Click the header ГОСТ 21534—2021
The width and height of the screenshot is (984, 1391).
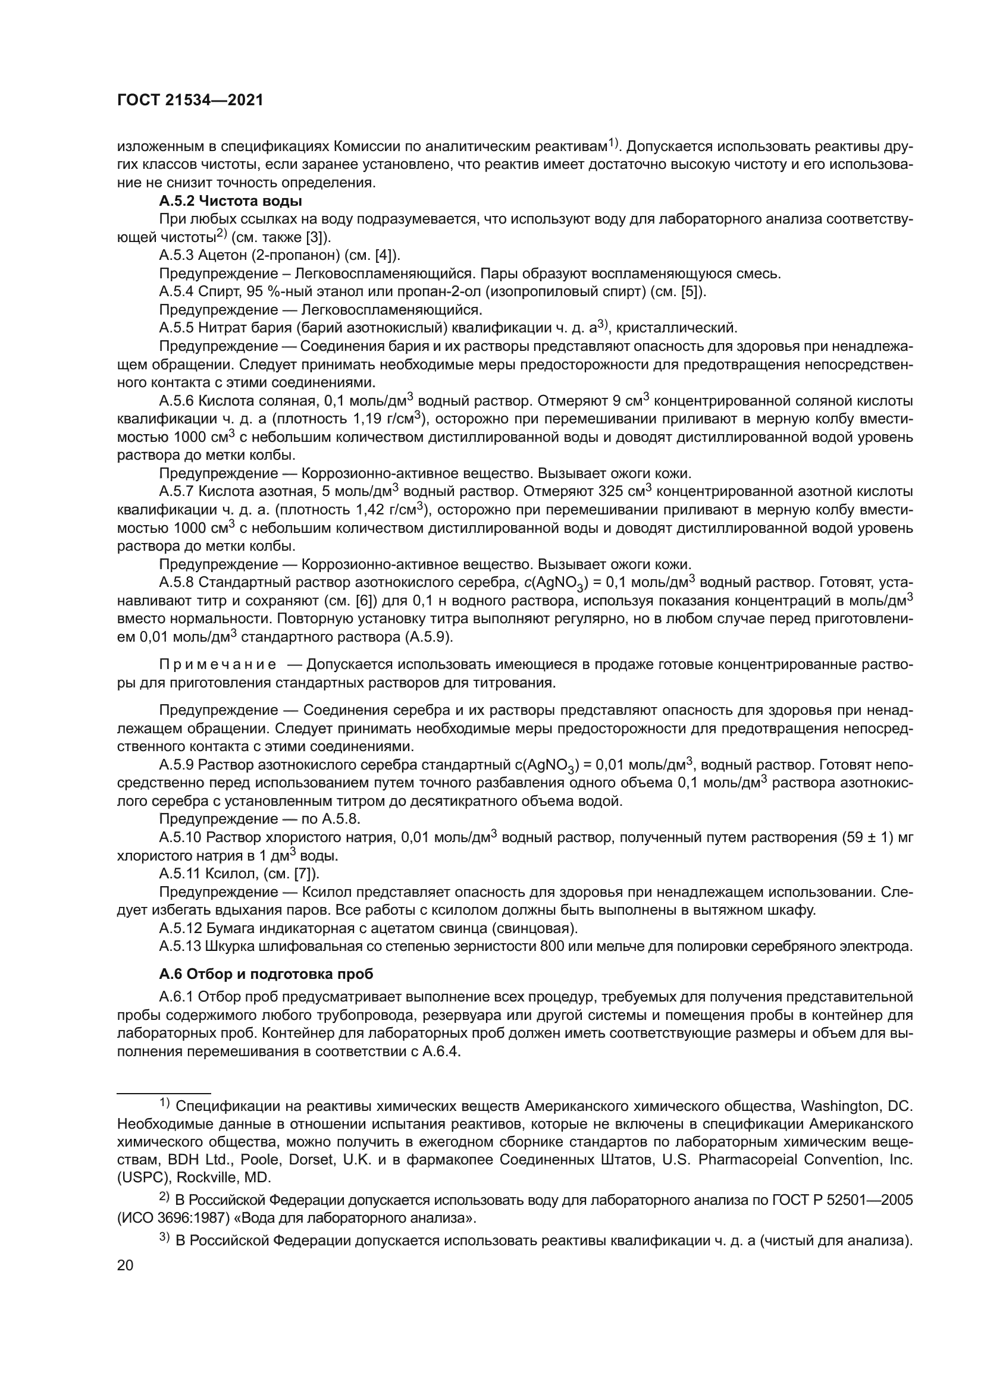click(x=190, y=101)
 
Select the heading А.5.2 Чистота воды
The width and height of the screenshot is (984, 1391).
click(x=230, y=200)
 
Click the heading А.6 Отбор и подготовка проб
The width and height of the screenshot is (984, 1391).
click(x=266, y=974)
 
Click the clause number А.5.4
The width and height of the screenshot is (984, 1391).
click(x=176, y=291)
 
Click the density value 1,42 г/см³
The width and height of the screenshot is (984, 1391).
click(x=394, y=510)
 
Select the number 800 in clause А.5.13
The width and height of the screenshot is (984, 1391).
click(x=553, y=946)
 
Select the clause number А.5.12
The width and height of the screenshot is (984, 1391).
click(x=180, y=928)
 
